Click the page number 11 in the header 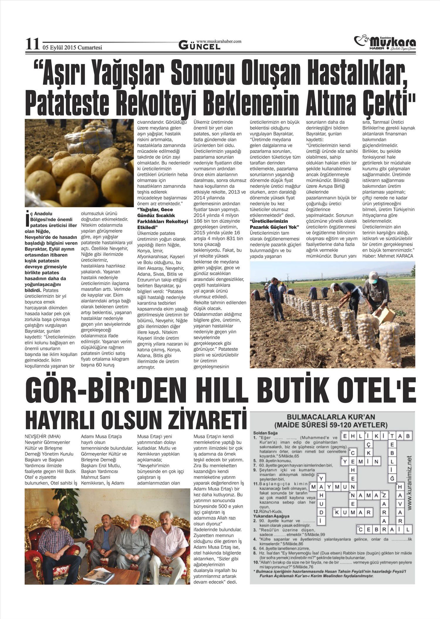point(32,45)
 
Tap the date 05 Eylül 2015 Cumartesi point(72,48)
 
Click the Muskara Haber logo point(385,43)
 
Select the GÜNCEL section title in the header point(199,46)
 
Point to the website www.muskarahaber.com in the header point(219,41)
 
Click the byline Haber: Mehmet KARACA point(388,256)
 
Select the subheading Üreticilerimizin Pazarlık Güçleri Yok point(274,224)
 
